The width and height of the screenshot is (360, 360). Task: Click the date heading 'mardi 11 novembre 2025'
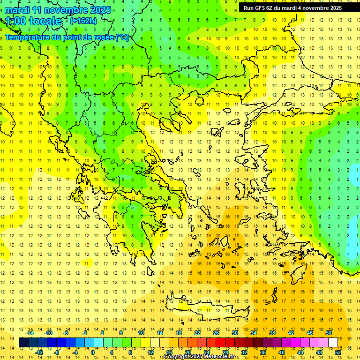click(x=58, y=10)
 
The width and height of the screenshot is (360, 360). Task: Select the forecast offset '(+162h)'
click(x=83, y=21)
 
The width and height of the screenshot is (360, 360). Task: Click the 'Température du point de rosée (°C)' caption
click(x=67, y=37)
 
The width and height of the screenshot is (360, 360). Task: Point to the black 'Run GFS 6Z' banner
click(x=292, y=8)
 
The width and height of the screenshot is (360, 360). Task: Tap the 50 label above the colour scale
click(x=328, y=333)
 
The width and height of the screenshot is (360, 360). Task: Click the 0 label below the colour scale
click(x=92, y=352)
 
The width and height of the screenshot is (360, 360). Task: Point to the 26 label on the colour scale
click(x=216, y=333)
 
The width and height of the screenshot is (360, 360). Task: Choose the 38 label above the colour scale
click(x=272, y=333)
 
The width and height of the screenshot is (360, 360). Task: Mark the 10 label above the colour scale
click(x=141, y=333)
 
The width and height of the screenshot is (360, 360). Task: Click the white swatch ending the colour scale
click(x=333, y=342)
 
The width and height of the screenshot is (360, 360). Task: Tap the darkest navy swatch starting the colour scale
click(x=23, y=342)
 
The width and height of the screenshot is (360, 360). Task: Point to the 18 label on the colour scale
click(x=179, y=333)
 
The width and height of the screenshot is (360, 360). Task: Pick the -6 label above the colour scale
click(x=67, y=333)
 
